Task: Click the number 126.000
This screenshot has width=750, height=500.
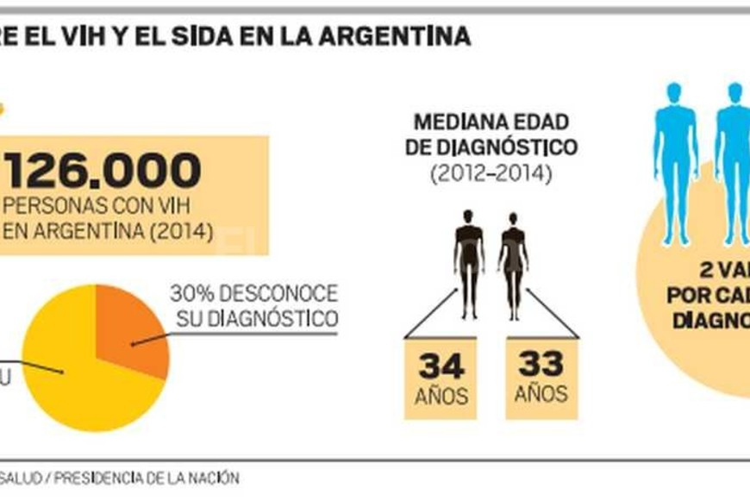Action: coord(104,171)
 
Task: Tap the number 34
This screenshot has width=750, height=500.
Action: coord(441,366)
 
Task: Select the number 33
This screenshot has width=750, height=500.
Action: coord(541,364)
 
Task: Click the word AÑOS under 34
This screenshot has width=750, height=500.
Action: coord(441,397)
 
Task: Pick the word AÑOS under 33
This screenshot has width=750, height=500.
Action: coord(541,394)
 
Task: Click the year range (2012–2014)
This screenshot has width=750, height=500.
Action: coord(491,173)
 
